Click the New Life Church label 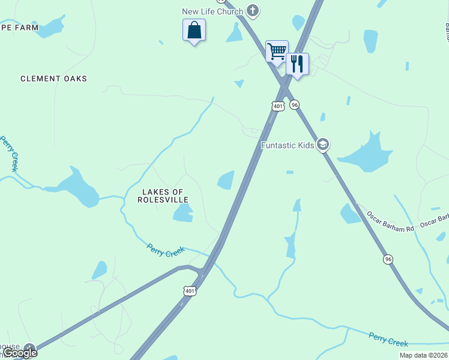tap(213, 11)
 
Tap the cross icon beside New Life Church tap(253, 10)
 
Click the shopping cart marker tap(277, 51)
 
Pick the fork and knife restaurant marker tap(297, 63)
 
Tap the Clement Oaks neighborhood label tap(53, 79)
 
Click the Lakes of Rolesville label tap(163, 196)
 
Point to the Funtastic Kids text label tap(288, 145)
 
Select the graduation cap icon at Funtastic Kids tap(323, 145)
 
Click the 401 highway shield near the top tap(277, 106)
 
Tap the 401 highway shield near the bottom tap(190, 291)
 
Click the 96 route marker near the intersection tap(294, 104)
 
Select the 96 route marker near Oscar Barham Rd tap(388, 259)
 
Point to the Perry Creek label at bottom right tap(388, 340)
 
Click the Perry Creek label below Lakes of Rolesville tap(166, 250)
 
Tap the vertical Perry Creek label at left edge tap(10, 154)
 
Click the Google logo tap(20, 353)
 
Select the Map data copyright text tap(423, 355)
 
